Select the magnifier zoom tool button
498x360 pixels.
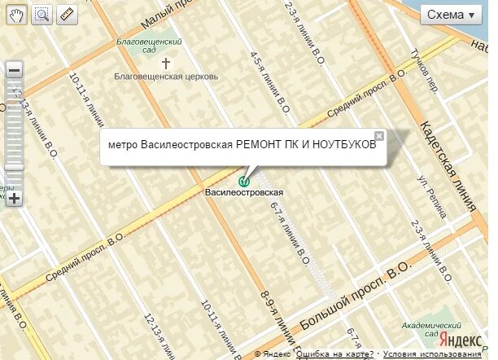point(41,14)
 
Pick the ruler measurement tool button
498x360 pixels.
point(66,14)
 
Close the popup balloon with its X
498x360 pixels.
point(378,135)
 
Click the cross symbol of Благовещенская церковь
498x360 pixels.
point(167,63)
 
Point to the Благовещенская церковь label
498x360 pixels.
point(167,77)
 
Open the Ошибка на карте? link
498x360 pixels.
point(334,354)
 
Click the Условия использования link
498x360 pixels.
point(432,354)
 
